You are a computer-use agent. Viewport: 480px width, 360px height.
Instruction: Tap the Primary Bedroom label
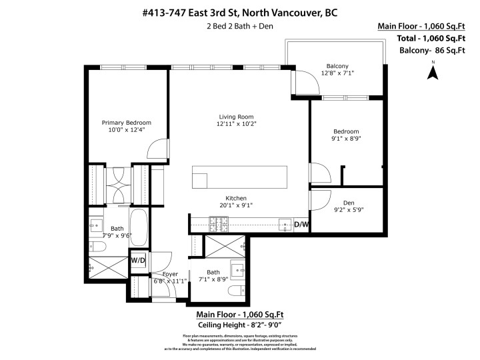(126, 123)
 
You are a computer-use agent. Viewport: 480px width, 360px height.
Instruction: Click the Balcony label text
(337, 66)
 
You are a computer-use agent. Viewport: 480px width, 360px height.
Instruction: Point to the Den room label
(348, 203)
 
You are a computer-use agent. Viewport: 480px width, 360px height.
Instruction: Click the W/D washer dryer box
(138, 259)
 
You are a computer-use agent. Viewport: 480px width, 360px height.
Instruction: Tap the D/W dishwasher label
(301, 225)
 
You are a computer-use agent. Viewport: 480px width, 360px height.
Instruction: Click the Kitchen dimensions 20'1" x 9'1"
(237, 206)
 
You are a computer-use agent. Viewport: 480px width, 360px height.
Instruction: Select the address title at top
(239, 11)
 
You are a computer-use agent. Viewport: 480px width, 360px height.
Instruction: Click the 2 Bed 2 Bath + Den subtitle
(239, 27)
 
